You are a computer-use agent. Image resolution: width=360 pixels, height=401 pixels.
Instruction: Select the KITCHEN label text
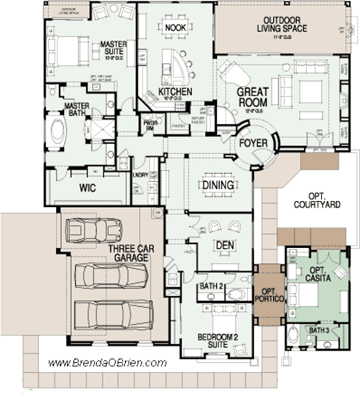[x=175, y=92]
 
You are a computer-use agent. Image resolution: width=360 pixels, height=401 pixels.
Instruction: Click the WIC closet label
[x=87, y=188]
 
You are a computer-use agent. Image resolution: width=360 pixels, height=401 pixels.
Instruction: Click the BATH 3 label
[x=319, y=330]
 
